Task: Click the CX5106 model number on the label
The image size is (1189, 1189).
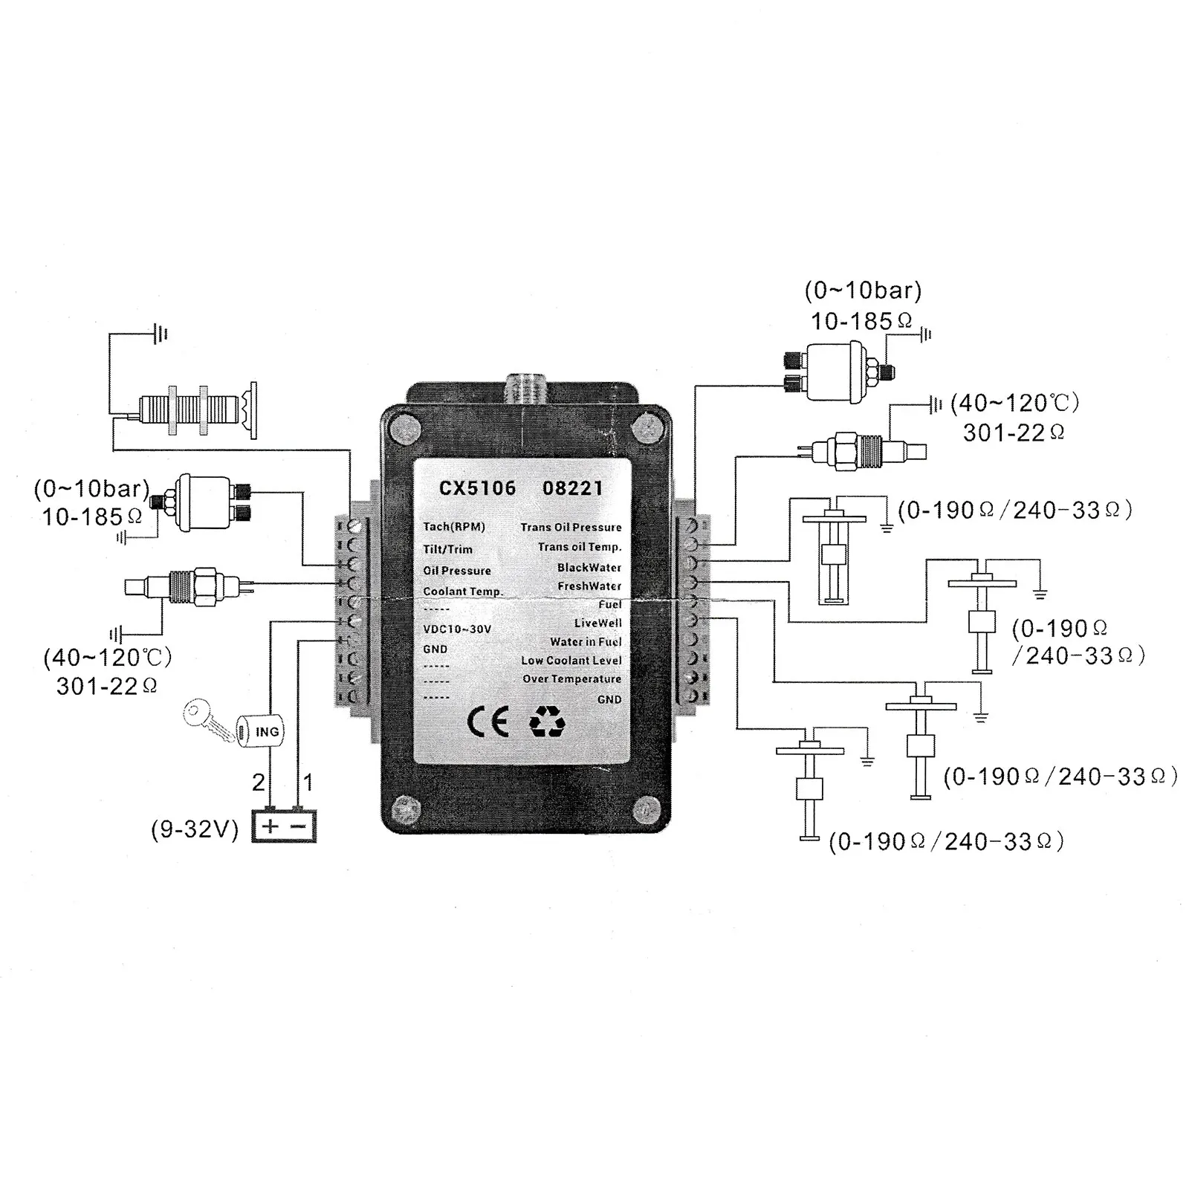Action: point(477,488)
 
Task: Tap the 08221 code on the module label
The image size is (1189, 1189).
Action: point(572,488)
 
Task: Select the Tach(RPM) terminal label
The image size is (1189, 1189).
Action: point(454,527)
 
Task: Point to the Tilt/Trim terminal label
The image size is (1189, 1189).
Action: point(447,549)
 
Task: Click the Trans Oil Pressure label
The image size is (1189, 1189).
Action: point(571,527)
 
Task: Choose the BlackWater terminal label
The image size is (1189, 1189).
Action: point(589,567)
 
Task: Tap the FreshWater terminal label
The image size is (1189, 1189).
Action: point(589,586)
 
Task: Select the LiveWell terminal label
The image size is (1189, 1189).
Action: point(597,623)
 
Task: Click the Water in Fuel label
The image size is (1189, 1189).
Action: point(586,641)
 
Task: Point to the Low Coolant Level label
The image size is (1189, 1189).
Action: point(571,660)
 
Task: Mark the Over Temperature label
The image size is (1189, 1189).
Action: point(571,678)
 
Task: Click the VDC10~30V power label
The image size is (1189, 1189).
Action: point(457,629)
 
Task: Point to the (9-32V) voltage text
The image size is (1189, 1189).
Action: point(195,829)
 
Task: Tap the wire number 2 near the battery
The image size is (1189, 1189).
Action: point(258,783)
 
